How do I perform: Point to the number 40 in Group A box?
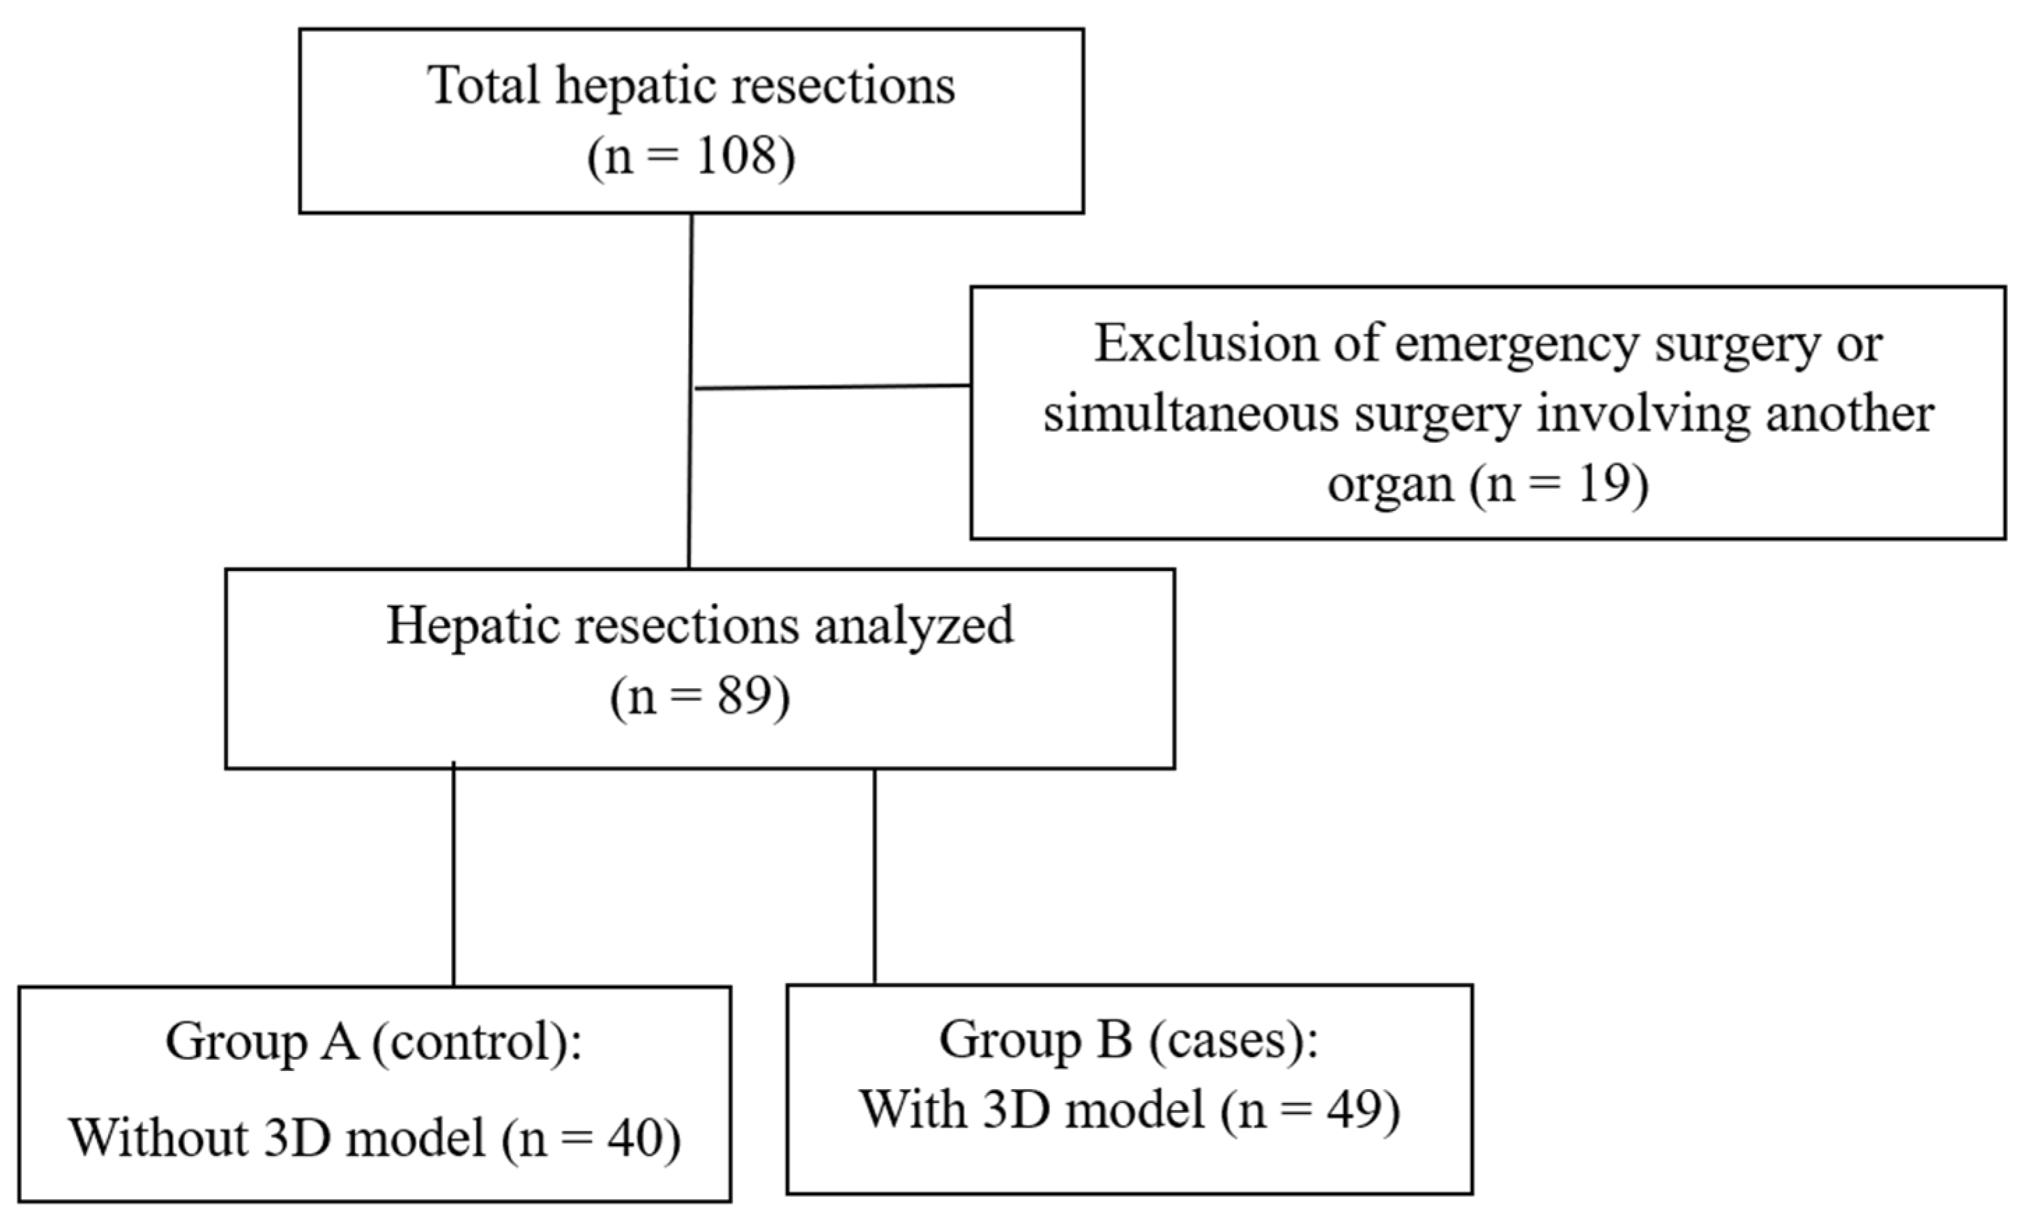[634, 1139]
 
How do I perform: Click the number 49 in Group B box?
[1353, 1109]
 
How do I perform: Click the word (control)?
[476, 1042]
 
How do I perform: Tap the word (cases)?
[1233, 1041]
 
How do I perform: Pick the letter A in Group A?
[339, 1042]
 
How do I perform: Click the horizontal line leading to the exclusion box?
[833, 386]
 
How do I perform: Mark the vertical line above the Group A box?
[453, 874]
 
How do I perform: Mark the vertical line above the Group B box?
[874, 876]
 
